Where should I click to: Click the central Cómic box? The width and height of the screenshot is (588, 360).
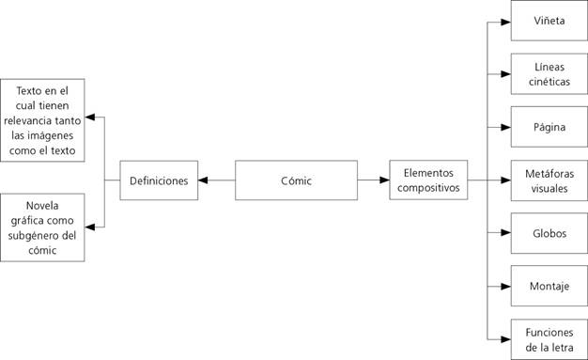coord(296,180)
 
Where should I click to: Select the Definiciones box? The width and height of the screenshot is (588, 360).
coord(159,180)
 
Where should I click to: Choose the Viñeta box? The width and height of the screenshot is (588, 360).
coord(549,21)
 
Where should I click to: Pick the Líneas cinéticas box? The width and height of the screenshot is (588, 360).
coord(549,74)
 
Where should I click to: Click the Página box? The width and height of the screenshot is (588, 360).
coord(549,126)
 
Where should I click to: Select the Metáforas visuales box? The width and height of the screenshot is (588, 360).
coord(549,180)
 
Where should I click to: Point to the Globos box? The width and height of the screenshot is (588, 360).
coord(549,232)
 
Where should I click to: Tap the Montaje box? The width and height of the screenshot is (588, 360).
coord(549,285)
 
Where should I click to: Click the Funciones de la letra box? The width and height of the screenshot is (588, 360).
coord(549,337)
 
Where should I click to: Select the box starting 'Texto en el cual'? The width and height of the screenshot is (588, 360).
coord(43,119)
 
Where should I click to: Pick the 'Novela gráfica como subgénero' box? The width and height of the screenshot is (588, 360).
coord(43,227)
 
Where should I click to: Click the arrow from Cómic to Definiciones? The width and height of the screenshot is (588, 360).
coord(216,180)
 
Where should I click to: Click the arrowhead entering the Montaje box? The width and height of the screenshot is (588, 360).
coord(506,285)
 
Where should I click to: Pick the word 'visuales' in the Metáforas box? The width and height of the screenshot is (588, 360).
coord(549,187)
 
